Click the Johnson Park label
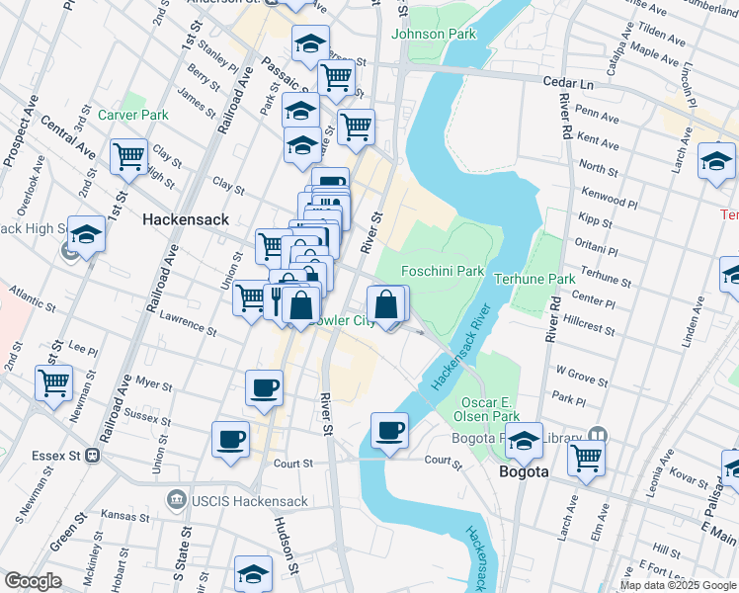[434, 34]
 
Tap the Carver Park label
[133, 115]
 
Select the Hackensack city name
[186, 219]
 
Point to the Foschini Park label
[443, 271]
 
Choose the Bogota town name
[523, 471]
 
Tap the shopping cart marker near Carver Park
[128, 156]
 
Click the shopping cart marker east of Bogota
[587, 459]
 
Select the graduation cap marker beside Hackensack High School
[87, 234]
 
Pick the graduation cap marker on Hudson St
[254, 573]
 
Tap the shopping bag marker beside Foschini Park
[387, 304]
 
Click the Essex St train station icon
[93, 457]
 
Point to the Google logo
[33, 581]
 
